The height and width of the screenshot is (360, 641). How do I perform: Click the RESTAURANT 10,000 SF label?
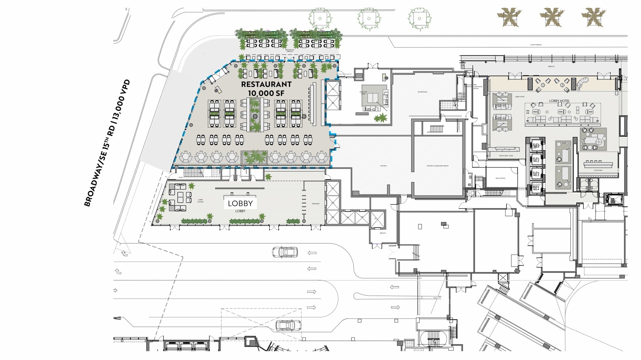pyautogui.click(x=266, y=89)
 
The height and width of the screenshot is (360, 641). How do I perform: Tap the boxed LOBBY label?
pyautogui.click(x=240, y=203)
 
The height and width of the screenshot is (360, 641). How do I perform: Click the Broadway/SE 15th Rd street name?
pyautogui.click(x=107, y=143)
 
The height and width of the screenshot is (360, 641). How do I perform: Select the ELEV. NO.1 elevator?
pyautogui.click(x=536, y=146)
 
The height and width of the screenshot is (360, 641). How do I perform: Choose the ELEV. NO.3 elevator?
pyautogui.click(x=536, y=174)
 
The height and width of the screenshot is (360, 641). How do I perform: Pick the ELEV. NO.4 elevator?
pyautogui.click(x=536, y=188)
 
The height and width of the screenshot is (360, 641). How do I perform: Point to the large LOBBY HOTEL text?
pyautogui.click(x=559, y=101)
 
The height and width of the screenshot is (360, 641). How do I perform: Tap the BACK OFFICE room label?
pyautogui.click(x=500, y=178)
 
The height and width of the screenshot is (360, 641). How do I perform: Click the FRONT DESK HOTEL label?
pyautogui.click(x=506, y=156)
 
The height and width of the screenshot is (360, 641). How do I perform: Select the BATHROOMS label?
pyautogui.click(x=422, y=92)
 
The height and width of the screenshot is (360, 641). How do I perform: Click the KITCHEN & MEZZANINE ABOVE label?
pyautogui.click(x=437, y=166)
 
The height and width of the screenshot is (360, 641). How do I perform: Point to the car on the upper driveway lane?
pyautogui.click(x=285, y=252)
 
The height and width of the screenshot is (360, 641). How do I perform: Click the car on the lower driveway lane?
pyautogui.click(x=288, y=326)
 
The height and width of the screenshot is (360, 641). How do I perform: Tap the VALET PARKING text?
pyautogui.click(x=536, y=45)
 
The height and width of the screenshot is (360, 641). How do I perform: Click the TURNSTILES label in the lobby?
pyautogui.click(x=315, y=204)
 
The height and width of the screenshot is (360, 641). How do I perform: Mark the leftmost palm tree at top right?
pyautogui.click(x=509, y=17)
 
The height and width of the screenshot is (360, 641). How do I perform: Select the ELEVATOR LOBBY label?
pyautogui.click(x=363, y=93)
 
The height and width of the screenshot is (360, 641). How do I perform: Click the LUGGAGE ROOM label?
pyautogui.click(x=480, y=152)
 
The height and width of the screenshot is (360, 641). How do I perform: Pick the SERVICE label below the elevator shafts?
pyautogui.click(x=382, y=233)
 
